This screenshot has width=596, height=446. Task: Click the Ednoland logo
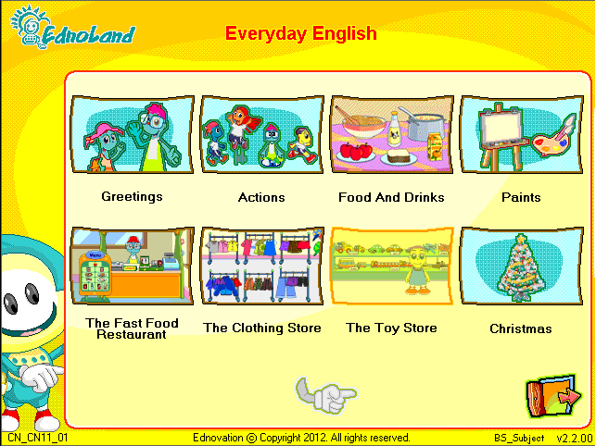(72, 28)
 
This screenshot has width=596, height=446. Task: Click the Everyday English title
(300, 33)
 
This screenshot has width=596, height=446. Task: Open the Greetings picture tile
(133, 134)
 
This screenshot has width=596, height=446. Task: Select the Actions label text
(261, 197)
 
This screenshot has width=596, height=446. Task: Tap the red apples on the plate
(356, 151)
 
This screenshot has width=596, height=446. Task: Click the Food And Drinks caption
(391, 197)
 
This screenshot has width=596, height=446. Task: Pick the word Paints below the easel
(521, 197)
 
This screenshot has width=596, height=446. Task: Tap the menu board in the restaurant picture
(95, 274)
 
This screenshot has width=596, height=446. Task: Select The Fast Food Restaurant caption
(132, 328)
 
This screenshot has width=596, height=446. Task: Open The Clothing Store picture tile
(262, 266)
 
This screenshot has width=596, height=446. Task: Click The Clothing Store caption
(262, 328)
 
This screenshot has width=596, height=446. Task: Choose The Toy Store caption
(391, 328)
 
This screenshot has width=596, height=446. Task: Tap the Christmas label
(521, 328)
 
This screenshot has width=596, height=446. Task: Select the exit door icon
(553, 396)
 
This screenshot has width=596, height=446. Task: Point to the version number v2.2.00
(575, 438)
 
